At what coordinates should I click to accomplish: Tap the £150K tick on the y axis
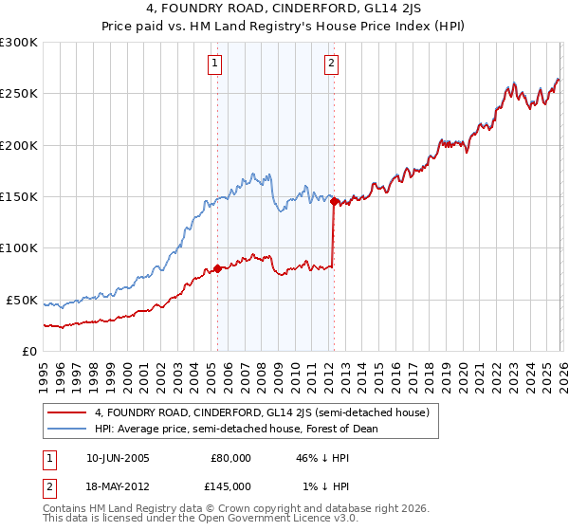click(19, 196)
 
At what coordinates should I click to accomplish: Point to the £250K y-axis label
click(19, 94)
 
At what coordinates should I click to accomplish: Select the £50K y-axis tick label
click(22, 300)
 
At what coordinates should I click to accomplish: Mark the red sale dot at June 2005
click(217, 268)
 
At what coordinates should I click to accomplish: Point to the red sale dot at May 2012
click(334, 201)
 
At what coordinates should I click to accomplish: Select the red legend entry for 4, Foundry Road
click(262, 412)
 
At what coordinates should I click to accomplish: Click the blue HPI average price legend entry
click(236, 429)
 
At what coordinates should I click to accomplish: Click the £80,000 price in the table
click(230, 457)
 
